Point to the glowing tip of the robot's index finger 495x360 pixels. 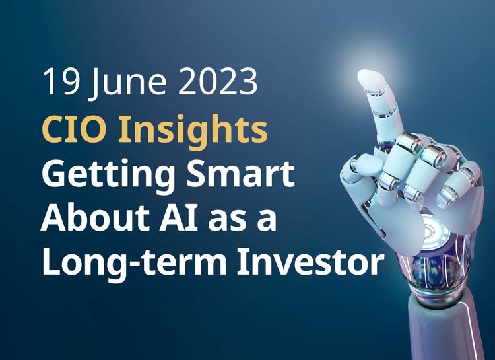coord(370,79)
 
